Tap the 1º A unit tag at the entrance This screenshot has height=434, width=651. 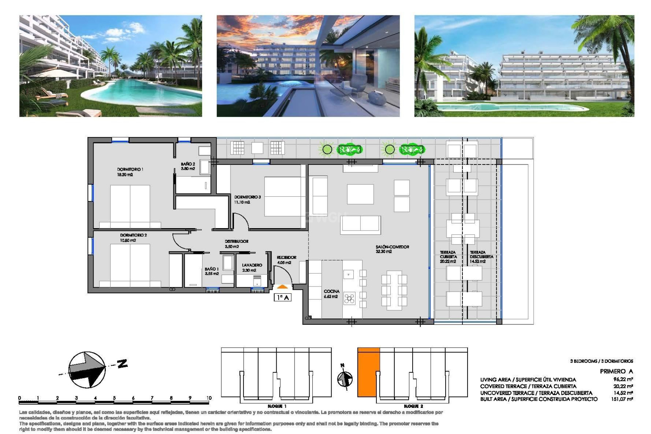tap(282, 297)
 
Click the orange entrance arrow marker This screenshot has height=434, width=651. tap(282, 287)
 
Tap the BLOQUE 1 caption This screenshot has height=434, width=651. tap(277, 406)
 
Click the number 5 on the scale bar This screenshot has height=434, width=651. tap(114, 398)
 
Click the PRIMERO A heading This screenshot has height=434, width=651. tap(616, 371)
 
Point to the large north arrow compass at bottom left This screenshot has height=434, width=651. tap(87, 370)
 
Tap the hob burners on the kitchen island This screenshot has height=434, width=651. tap(349, 298)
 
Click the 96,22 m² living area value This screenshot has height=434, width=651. tap(623, 379)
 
